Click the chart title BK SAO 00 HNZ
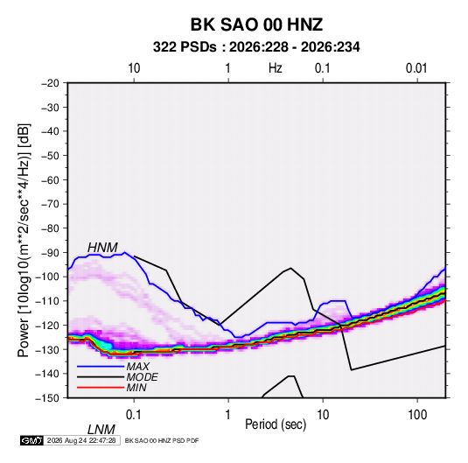coord(256,25)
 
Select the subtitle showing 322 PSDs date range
coord(256,47)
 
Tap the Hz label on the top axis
coord(276,68)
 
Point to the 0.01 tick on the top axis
coord(416,68)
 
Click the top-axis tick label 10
coord(134,68)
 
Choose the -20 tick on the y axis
coord(50,83)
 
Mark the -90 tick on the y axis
coord(50,252)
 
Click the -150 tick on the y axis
coord(47,398)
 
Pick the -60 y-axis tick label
coord(50,179)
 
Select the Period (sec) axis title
coord(276,424)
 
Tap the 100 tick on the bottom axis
coord(417,415)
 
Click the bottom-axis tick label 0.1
coord(133,415)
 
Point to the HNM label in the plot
coord(102,248)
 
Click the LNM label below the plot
coord(101,430)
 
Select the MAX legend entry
coord(137,367)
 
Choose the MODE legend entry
coord(142,377)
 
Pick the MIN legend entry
coord(136,388)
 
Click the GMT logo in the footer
coord(31,440)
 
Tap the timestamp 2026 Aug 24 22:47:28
coord(81,440)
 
